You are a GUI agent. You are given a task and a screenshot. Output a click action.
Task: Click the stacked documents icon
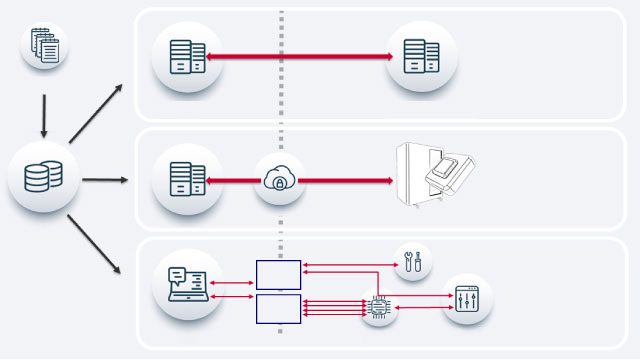[44, 48]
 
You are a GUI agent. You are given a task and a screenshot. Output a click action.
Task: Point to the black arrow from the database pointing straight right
[104, 180]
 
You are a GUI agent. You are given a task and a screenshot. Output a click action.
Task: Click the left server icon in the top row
[187, 57]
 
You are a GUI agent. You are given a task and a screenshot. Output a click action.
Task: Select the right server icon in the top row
[421, 57]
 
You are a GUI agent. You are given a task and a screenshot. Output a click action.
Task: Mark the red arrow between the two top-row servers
[300, 57]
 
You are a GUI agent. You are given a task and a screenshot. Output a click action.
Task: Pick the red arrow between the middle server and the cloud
[233, 181]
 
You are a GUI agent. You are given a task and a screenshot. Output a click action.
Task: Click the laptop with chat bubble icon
[187, 284]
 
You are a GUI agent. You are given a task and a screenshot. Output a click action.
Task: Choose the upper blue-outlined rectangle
[278, 274]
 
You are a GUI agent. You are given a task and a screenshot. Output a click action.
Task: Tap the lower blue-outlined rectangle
[278, 309]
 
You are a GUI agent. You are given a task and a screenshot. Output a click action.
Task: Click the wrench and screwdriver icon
[413, 263]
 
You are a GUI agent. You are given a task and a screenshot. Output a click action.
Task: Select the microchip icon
[380, 307]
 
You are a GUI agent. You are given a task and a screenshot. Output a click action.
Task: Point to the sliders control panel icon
[467, 299]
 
